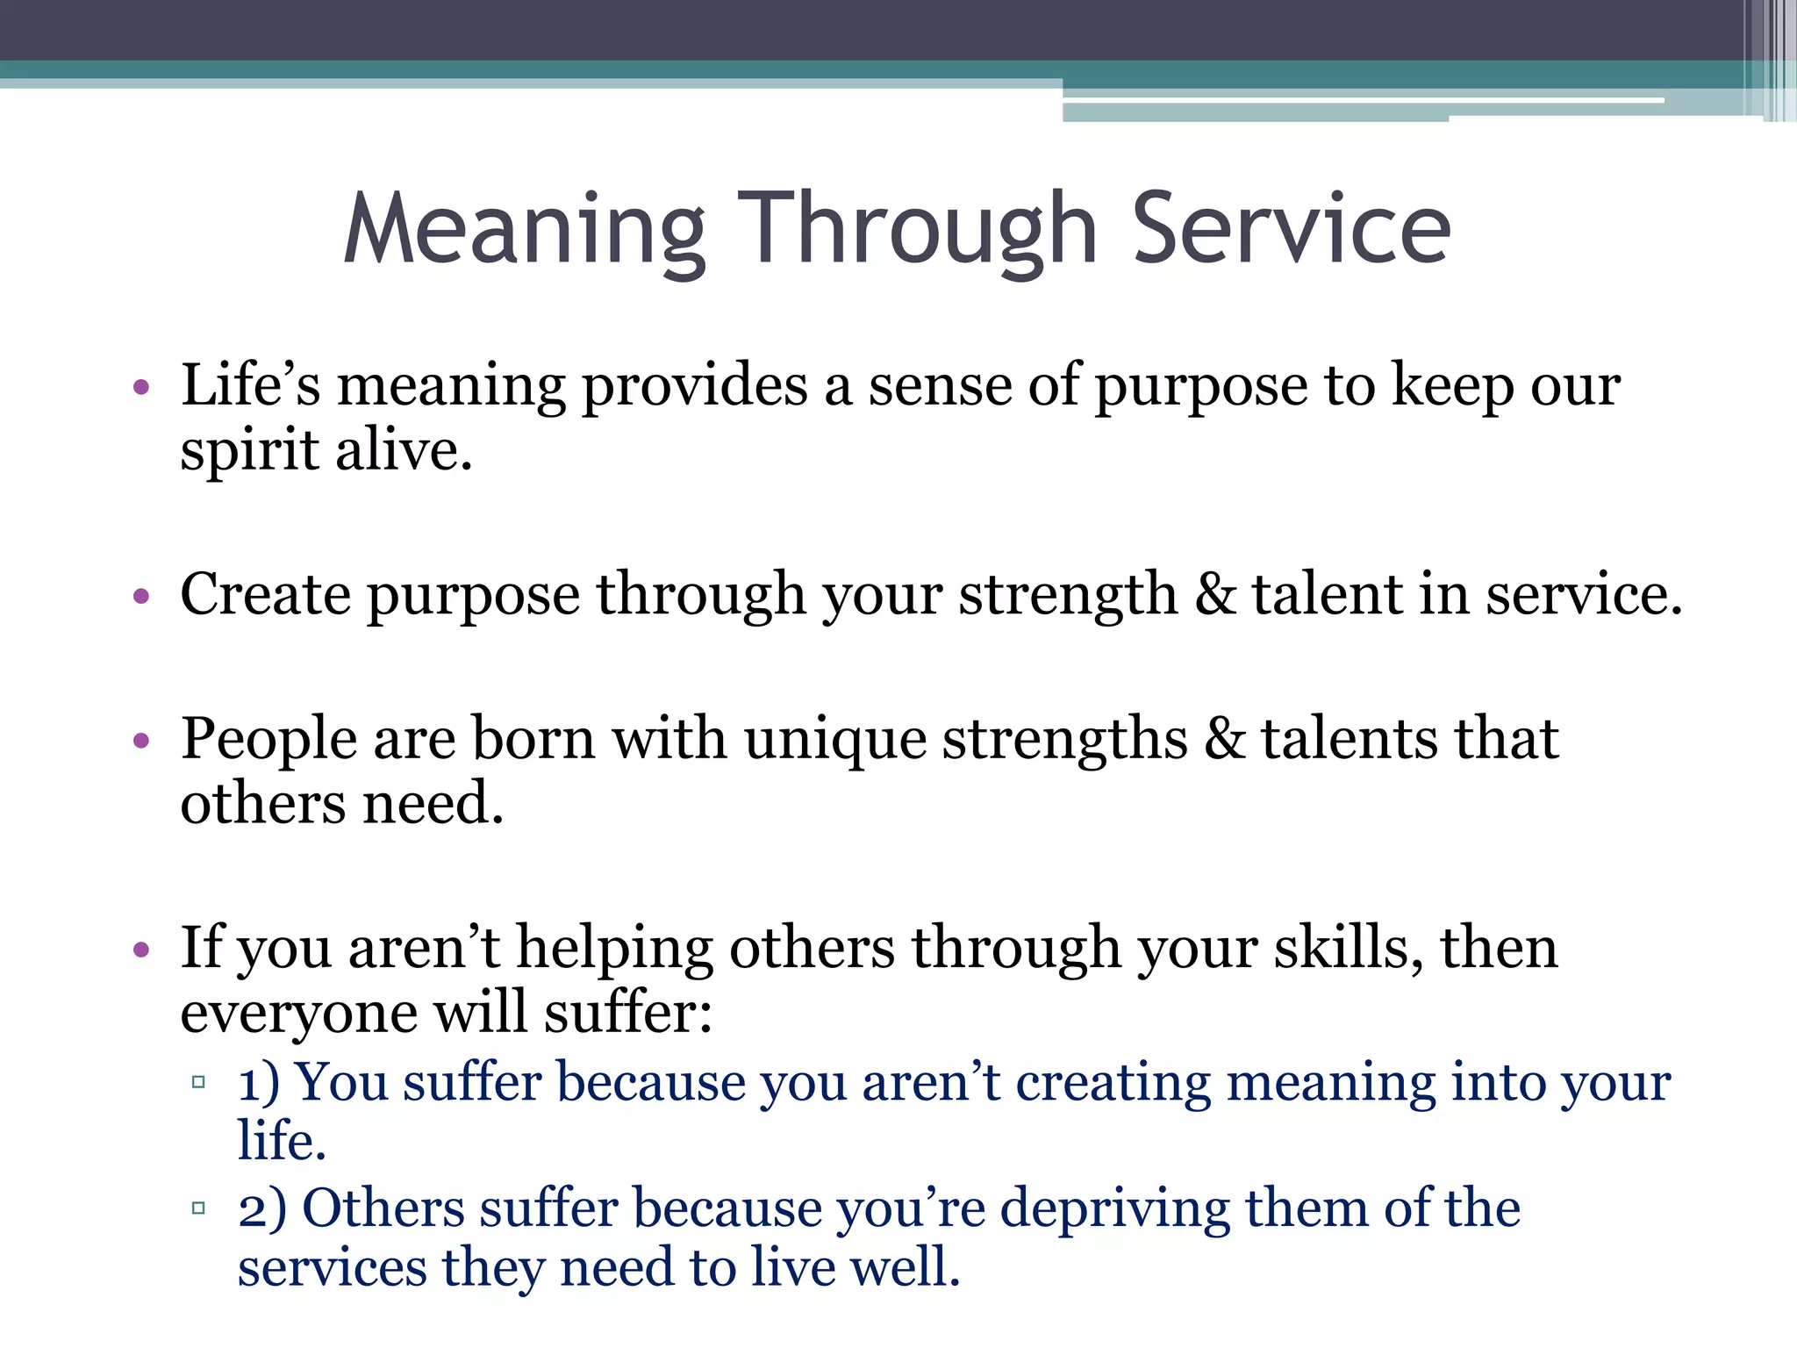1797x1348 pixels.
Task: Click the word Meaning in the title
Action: tap(524, 230)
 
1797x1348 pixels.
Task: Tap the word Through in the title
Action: tap(917, 230)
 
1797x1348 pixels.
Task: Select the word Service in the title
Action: tap(1291, 230)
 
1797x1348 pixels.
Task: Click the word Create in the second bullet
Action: tap(265, 595)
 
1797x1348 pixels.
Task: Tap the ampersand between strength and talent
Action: tap(1215, 595)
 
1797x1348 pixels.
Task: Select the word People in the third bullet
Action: tap(268, 739)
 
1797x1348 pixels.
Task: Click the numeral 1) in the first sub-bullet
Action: tap(258, 1083)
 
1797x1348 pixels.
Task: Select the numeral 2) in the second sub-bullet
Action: tap(261, 1209)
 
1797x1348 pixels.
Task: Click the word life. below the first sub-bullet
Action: tap(282, 1141)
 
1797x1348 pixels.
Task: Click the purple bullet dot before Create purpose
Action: tap(141, 598)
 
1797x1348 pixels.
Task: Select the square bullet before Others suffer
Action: tap(198, 1208)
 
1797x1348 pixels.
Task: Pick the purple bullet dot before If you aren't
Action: tap(141, 950)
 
